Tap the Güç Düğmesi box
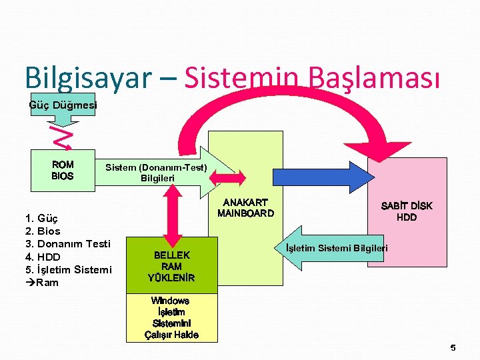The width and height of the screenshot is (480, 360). [63, 105]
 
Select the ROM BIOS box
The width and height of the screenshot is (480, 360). [63, 170]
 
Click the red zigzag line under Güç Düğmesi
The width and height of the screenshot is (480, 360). [61, 137]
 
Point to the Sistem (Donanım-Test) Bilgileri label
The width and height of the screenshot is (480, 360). [157, 173]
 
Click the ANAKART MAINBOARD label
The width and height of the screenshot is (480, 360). [245, 208]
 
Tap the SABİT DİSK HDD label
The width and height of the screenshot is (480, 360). [406, 211]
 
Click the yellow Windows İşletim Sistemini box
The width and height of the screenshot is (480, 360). [171, 317]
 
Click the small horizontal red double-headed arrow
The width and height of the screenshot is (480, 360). [229, 177]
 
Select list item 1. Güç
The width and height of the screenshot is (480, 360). [42, 218]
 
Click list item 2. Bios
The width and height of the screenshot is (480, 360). [42, 231]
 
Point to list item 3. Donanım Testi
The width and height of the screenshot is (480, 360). [67, 243]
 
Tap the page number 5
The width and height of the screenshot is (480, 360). [453, 347]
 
